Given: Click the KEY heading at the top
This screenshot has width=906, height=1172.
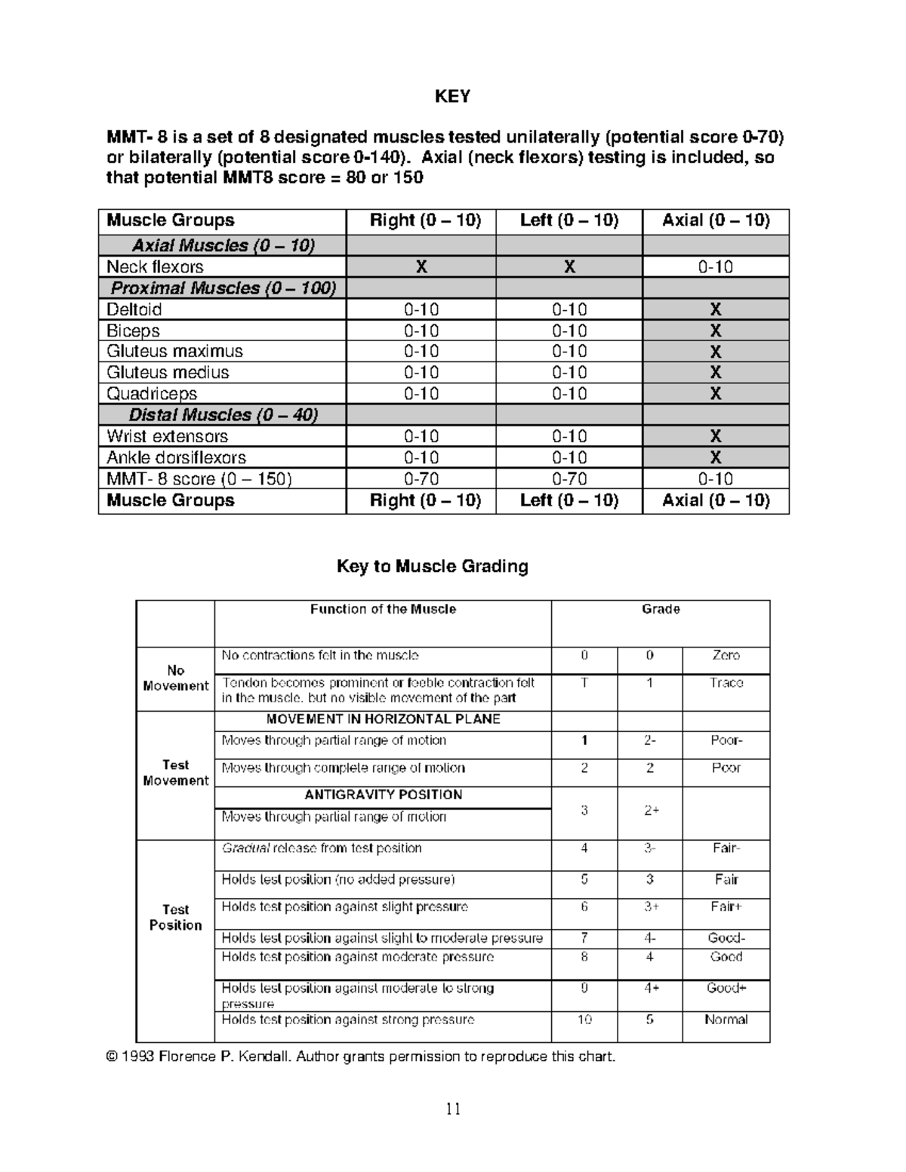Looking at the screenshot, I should [x=452, y=97].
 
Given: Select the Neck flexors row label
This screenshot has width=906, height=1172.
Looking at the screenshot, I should [x=155, y=267].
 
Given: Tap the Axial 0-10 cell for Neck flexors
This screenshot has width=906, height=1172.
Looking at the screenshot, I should [x=715, y=267].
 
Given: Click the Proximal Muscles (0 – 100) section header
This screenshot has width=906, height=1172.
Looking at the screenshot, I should [x=223, y=288].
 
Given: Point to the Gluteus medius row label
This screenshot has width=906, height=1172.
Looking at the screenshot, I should [x=167, y=373].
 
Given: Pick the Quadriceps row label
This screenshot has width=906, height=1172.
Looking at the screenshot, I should [x=151, y=394].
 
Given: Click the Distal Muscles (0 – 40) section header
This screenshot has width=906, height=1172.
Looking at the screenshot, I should [x=223, y=415].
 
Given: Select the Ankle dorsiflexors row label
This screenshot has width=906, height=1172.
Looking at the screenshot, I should [x=176, y=457].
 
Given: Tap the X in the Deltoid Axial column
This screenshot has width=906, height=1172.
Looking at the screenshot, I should [x=715, y=309].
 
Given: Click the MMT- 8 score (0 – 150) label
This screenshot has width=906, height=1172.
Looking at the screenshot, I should [x=199, y=479].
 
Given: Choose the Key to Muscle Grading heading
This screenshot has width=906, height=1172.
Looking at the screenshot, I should [x=432, y=567].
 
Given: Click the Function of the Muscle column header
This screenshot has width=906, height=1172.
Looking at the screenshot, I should [x=383, y=610].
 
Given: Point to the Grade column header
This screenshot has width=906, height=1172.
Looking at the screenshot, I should [x=661, y=610].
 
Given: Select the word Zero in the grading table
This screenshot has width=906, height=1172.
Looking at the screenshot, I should [x=726, y=656].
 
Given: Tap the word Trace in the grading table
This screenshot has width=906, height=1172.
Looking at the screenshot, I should [x=726, y=683].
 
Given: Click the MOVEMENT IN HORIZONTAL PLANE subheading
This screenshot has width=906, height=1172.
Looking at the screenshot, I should [x=383, y=719].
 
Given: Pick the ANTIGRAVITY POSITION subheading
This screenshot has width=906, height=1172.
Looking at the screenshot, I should [x=383, y=795].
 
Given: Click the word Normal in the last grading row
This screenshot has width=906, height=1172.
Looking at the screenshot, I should [x=726, y=1020].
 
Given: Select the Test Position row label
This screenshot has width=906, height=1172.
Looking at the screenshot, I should [x=175, y=918].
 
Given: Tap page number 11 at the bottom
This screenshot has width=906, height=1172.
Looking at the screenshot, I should [x=453, y=1109].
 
